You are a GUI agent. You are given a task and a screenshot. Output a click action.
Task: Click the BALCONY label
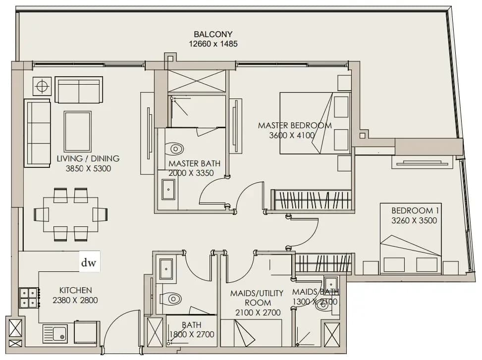pyautogui.click(x=213, y=34)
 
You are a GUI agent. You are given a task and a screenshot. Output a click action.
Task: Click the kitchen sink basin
pyautogui.click(x=59, y=333)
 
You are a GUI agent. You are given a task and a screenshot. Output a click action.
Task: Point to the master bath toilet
pyautogui.click(x=174, y=149)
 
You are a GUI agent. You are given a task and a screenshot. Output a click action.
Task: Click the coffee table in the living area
pyautogui.click(x=77, y=131)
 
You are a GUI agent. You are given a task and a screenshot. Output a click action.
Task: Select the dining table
pyautogui.click(x=71, y=214)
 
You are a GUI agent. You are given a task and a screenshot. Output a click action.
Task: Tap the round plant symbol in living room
pyautogui.click(x=42, y=86)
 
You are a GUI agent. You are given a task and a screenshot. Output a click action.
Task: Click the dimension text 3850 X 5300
pyautogui.click(x=88, y=168)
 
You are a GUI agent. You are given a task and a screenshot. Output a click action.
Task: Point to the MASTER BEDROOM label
pyautogui.click(x=295, y=125)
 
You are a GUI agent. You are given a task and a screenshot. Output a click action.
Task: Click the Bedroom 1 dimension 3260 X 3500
pyautogui.click(x=414, y=220)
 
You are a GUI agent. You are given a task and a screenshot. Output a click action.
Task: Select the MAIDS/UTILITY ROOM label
pyautogui.click(x=257, y=298)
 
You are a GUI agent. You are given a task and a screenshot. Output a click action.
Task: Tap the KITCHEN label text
pyautogui.click(x=75, y=290)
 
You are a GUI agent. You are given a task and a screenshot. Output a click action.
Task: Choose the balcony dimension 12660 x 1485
pyautogui.click(x=213, y=44)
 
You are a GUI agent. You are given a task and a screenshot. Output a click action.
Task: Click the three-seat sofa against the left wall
pyautogui.click(x=37, y=133)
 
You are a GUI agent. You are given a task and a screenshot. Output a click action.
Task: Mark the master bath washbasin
pyautogui.click(x=168, y=190)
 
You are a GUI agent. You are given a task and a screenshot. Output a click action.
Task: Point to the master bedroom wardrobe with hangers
pyautogui.click(x=311, y=200)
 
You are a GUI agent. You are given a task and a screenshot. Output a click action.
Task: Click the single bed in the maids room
pyautogui.click(x=251, y=333)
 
